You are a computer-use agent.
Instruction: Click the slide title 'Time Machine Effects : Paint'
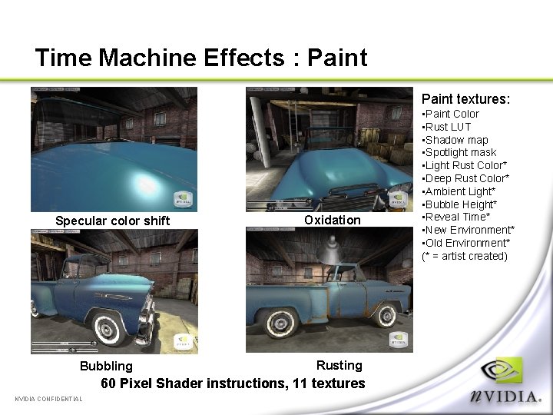201,58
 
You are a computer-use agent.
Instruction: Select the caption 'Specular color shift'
112,221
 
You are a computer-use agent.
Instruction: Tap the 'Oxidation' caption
332,220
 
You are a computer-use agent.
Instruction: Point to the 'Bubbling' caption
106,367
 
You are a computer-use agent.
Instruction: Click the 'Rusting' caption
339,365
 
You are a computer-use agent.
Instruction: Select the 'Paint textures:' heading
465,99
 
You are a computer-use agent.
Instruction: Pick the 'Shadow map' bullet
456,140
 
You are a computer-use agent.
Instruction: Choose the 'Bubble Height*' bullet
461,204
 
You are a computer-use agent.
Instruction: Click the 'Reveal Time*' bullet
458,217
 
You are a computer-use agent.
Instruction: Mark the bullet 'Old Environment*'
467,243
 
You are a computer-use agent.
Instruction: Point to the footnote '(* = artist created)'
465,256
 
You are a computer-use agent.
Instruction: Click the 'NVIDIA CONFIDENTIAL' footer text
48,399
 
